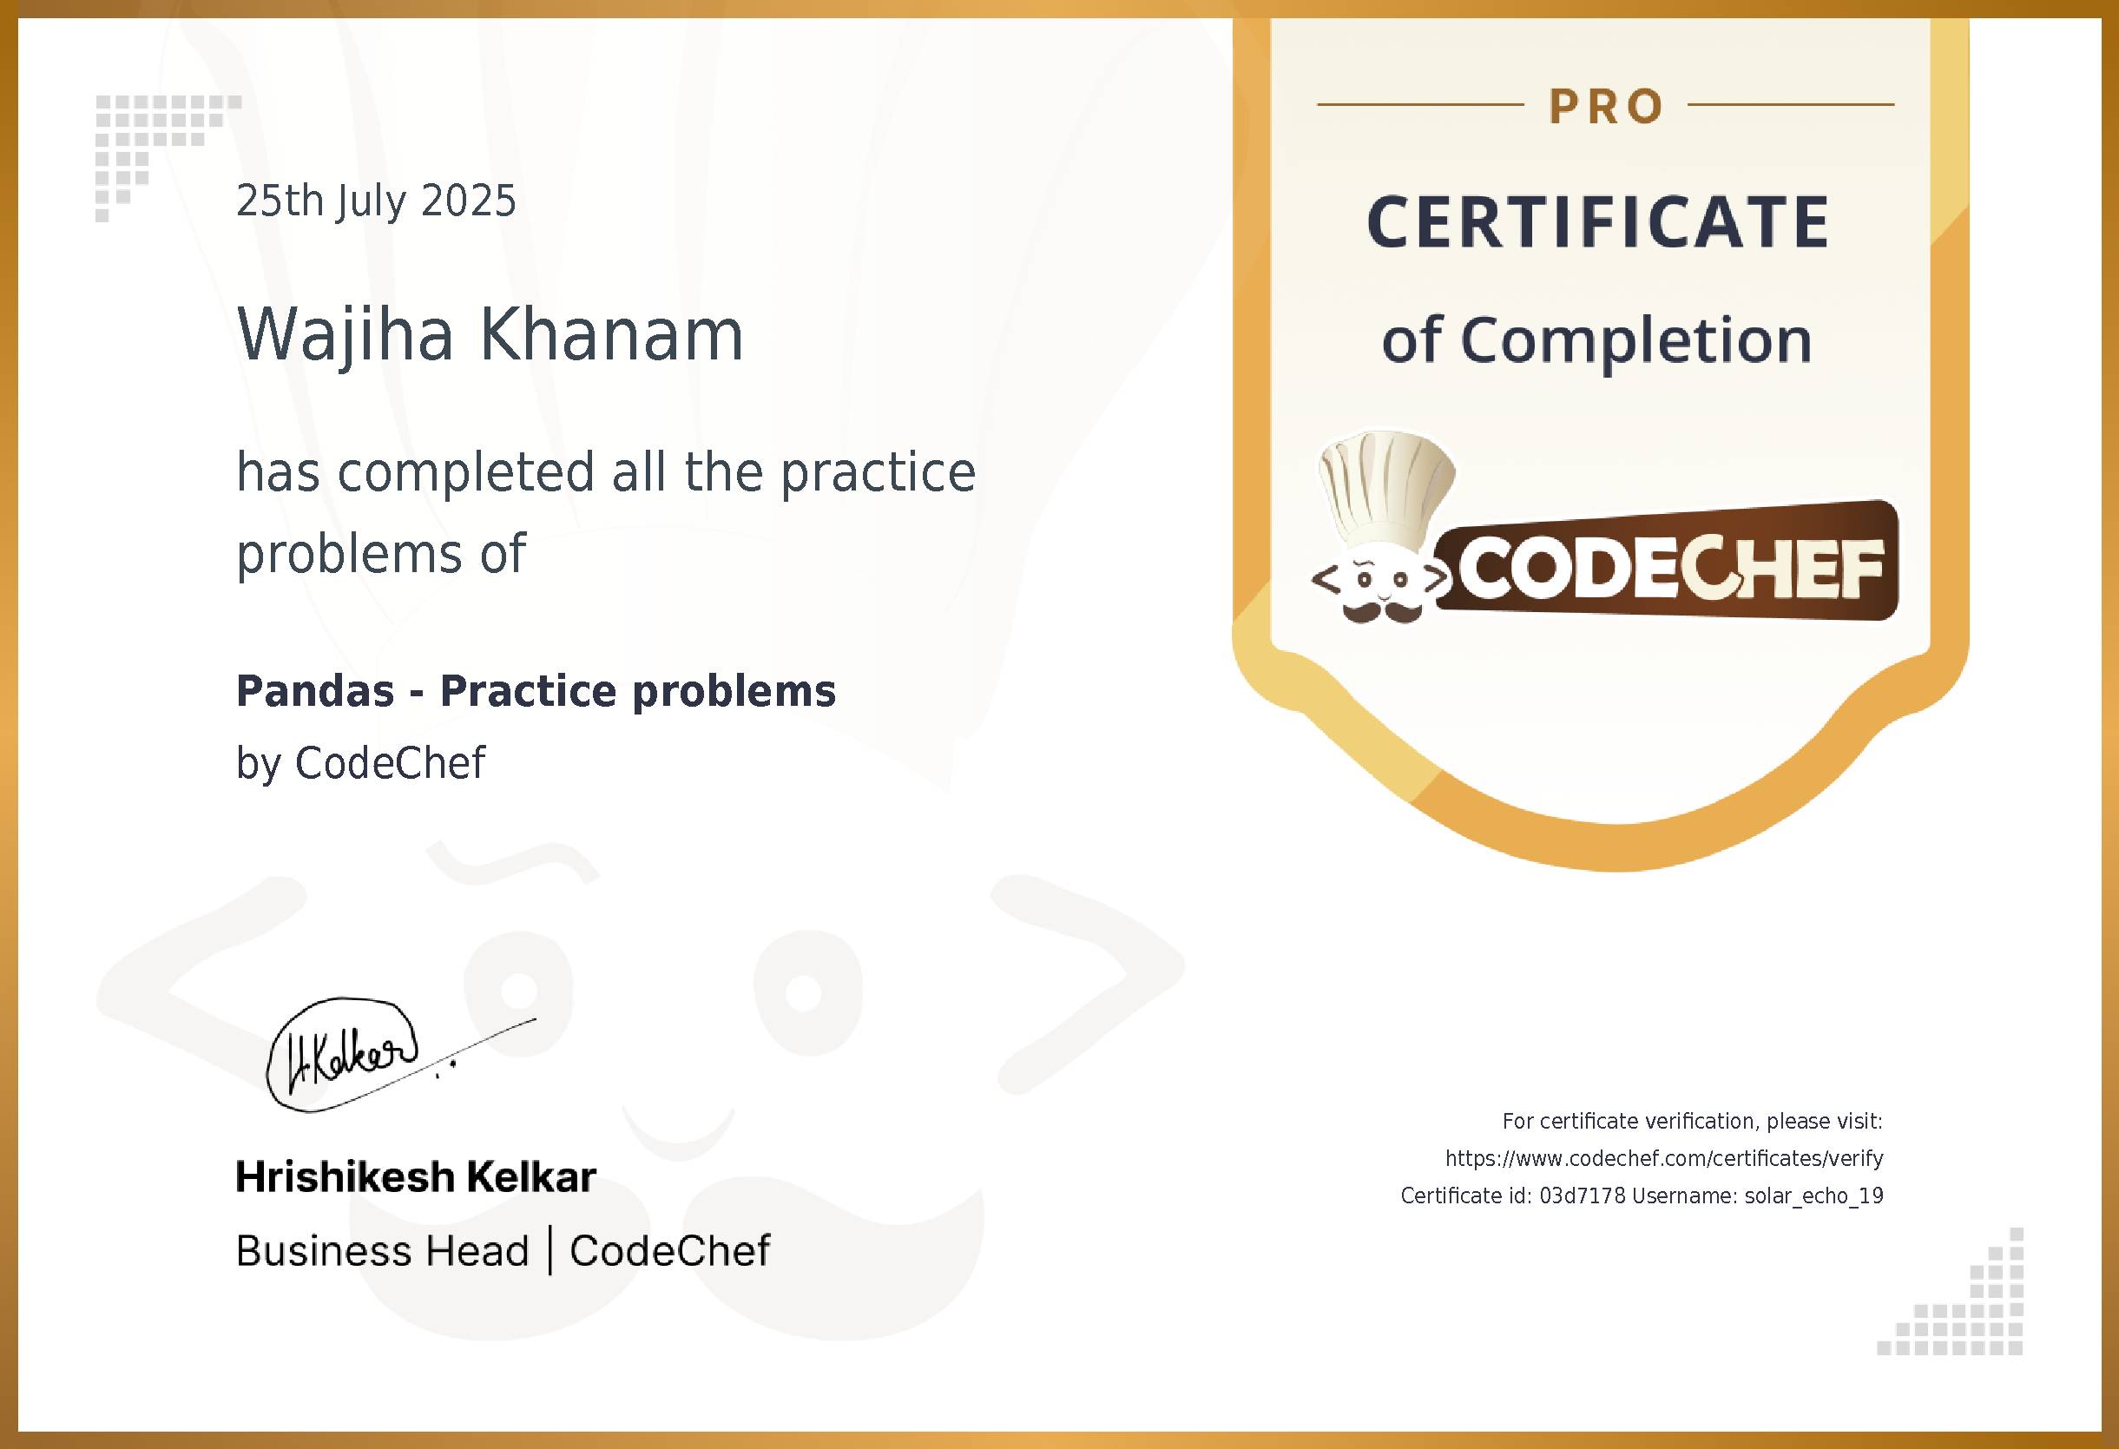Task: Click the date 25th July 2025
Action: point(376,201)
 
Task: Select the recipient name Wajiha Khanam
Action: point(490,334)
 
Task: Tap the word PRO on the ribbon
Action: point(1607,107)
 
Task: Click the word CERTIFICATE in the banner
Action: point(1598,222)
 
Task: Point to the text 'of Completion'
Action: point(1596,340)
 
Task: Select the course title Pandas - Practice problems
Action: point(536,691)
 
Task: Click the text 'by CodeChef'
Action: point(360,763)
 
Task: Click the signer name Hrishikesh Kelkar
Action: point(416,1177)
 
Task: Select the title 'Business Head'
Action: point(382,1251)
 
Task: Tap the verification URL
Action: point(1664,1158)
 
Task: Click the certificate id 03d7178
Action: point(1582,1195)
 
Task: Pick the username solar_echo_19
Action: point(1813,1195)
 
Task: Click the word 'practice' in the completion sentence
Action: point(878,472)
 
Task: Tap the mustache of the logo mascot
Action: point(1384,611)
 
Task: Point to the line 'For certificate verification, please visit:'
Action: point(1692,1121)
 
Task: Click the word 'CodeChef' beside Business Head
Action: point(669,1251)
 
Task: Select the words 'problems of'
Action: point(381,555)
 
